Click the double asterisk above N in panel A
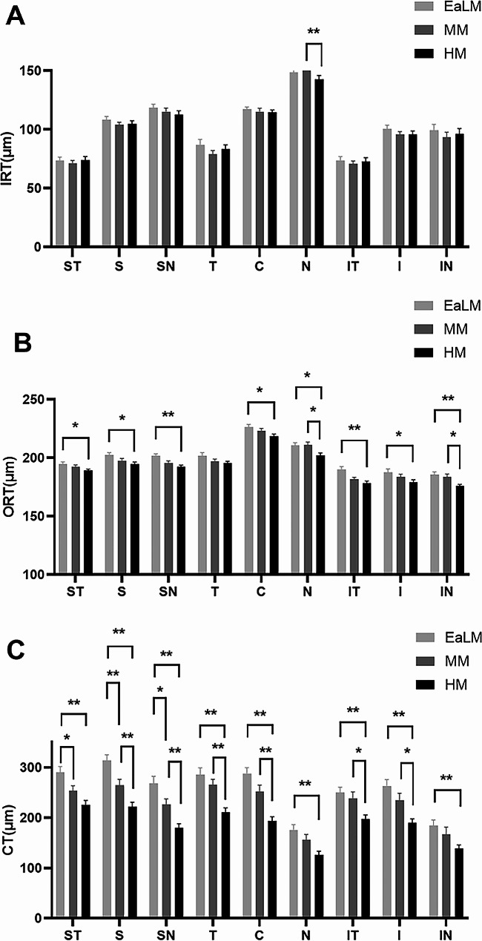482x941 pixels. [314, 33]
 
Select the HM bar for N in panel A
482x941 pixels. [319, 163]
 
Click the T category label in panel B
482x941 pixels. [214, 591]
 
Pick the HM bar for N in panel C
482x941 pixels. [319, 886]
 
